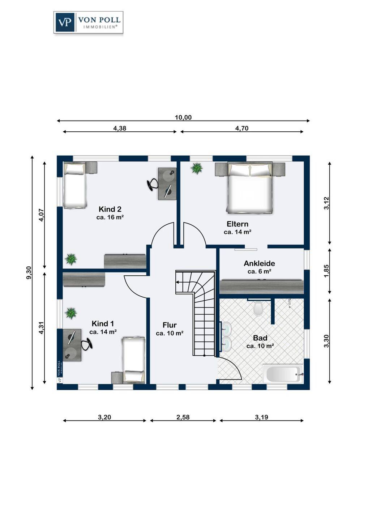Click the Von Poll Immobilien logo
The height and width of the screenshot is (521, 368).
pos(88,22)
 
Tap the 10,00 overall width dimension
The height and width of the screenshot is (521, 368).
pos(183,117)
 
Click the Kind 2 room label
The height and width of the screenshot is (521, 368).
pos(110,209)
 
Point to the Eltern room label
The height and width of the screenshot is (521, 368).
pos(238,224)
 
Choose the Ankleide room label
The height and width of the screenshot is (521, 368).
pos(259,263)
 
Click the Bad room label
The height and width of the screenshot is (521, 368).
pos(260,338)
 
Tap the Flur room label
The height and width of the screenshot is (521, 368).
pos(170,325)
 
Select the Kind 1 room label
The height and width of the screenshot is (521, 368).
pos(103,323)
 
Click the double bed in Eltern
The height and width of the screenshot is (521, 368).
pos(250,187)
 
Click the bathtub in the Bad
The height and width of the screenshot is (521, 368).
pos(283,374)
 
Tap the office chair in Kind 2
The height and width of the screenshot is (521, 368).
pos(153,185)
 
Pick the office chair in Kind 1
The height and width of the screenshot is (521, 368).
pos(86,344)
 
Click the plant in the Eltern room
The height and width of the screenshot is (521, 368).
pos(197,168)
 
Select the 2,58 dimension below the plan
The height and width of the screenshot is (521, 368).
pos(183,417)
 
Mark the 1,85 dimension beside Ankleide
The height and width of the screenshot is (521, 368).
pos(326,271)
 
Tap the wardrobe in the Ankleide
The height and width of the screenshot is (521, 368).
pos(262,287)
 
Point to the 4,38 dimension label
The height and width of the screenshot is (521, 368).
pos(120,128)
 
